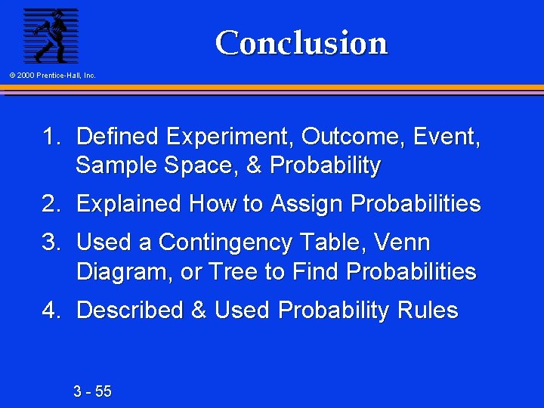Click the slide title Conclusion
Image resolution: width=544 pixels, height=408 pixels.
[x=301, y=43]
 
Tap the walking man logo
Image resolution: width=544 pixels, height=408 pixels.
[x=50, y=35]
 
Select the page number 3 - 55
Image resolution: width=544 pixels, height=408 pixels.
[x=92, y=391]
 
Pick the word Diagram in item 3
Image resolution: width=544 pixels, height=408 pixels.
[x=123, y=272]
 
